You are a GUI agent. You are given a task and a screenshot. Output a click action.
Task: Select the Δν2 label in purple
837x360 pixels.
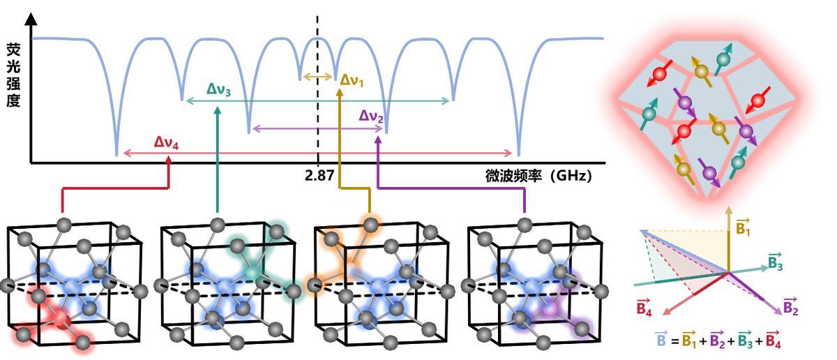(x=372, y=116)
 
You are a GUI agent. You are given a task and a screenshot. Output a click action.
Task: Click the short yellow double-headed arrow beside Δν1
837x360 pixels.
(x=319, y=76)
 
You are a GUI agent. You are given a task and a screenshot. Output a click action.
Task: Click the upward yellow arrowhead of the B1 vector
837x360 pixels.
(x=727, y=209)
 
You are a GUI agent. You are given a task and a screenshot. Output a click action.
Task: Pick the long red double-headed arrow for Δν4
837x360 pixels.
(x=318, y=153)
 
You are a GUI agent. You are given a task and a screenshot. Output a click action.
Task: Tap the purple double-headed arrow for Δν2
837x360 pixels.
(x=318, y=128)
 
